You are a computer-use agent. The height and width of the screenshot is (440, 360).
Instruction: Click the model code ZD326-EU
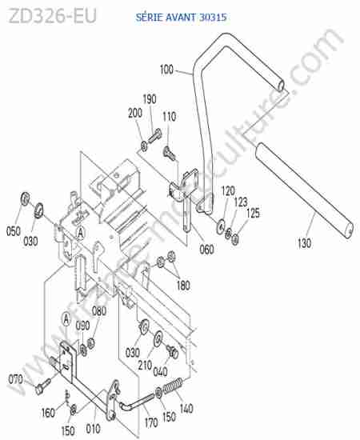click(x=53, y=16)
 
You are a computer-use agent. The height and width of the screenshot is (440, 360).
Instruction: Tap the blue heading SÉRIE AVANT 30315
click(x=181, y=18)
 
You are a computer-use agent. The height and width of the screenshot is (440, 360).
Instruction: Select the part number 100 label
click(x=166, y=70)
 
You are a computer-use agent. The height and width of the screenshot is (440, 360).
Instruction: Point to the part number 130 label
click(x=305, y=243)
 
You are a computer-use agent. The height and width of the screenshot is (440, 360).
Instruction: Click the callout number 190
click(x=150, y=99)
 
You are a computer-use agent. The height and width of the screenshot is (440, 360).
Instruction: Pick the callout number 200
click(x=135, y=113)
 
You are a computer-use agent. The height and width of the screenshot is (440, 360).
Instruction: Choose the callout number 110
click(x=170, y=117)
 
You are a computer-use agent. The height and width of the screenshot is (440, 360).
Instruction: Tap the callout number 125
click(x=253, y=214)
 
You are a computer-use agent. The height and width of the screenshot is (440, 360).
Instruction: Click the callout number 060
click(x=206, y=249)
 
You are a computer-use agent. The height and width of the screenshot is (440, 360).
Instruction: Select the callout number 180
click(x=183, y=285)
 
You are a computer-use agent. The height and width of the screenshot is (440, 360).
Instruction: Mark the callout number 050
click(x=14, y=231)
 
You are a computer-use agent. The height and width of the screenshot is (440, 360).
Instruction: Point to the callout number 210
click(x=145, y=365)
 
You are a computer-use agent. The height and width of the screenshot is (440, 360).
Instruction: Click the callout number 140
click(x=186, y=408)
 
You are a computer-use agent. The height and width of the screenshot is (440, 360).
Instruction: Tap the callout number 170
click(x=151, y=422)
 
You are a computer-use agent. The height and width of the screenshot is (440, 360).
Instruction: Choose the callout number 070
click(x=15, y=379)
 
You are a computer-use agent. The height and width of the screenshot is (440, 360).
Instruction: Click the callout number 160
click(x=48, y=413)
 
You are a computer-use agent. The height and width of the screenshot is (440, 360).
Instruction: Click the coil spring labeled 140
click(x=173, y=386)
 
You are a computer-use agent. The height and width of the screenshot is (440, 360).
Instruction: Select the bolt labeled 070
click(x=43, y=386)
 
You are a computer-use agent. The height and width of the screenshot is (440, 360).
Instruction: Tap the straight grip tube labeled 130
click(x=305, y=190)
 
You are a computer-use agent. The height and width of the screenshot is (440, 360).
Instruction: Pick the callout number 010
click(x=93, y=429)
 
